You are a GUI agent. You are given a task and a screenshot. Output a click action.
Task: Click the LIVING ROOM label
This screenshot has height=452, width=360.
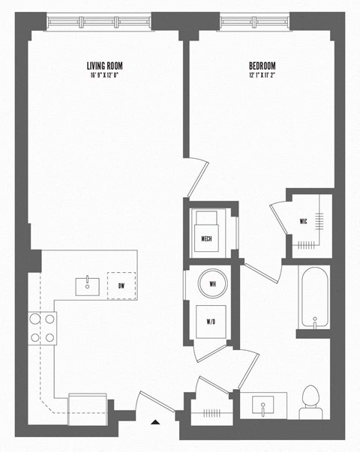click(103, 65)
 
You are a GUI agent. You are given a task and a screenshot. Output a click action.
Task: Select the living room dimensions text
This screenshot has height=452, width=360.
click(103, 75)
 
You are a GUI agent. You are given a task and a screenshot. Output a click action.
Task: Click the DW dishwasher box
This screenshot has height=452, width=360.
click(121, 285)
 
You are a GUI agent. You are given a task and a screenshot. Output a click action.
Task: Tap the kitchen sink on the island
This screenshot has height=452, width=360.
click(88, 285)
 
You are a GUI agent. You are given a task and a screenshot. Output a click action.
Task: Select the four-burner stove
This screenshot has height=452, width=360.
click(43, 328)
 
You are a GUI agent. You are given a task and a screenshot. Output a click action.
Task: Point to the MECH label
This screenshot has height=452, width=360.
click(208, 238)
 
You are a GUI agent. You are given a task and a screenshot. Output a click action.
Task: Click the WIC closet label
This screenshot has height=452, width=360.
click(303, 221)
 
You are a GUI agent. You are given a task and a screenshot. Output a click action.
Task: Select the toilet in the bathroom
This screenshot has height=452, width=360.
click(310, 403)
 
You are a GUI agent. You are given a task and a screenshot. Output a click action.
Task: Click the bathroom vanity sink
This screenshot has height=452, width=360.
click(263, 406)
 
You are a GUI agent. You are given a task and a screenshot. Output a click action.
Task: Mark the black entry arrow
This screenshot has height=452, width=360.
click(155, 423)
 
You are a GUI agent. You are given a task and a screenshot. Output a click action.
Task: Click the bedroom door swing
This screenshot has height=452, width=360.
click(196, 177)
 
